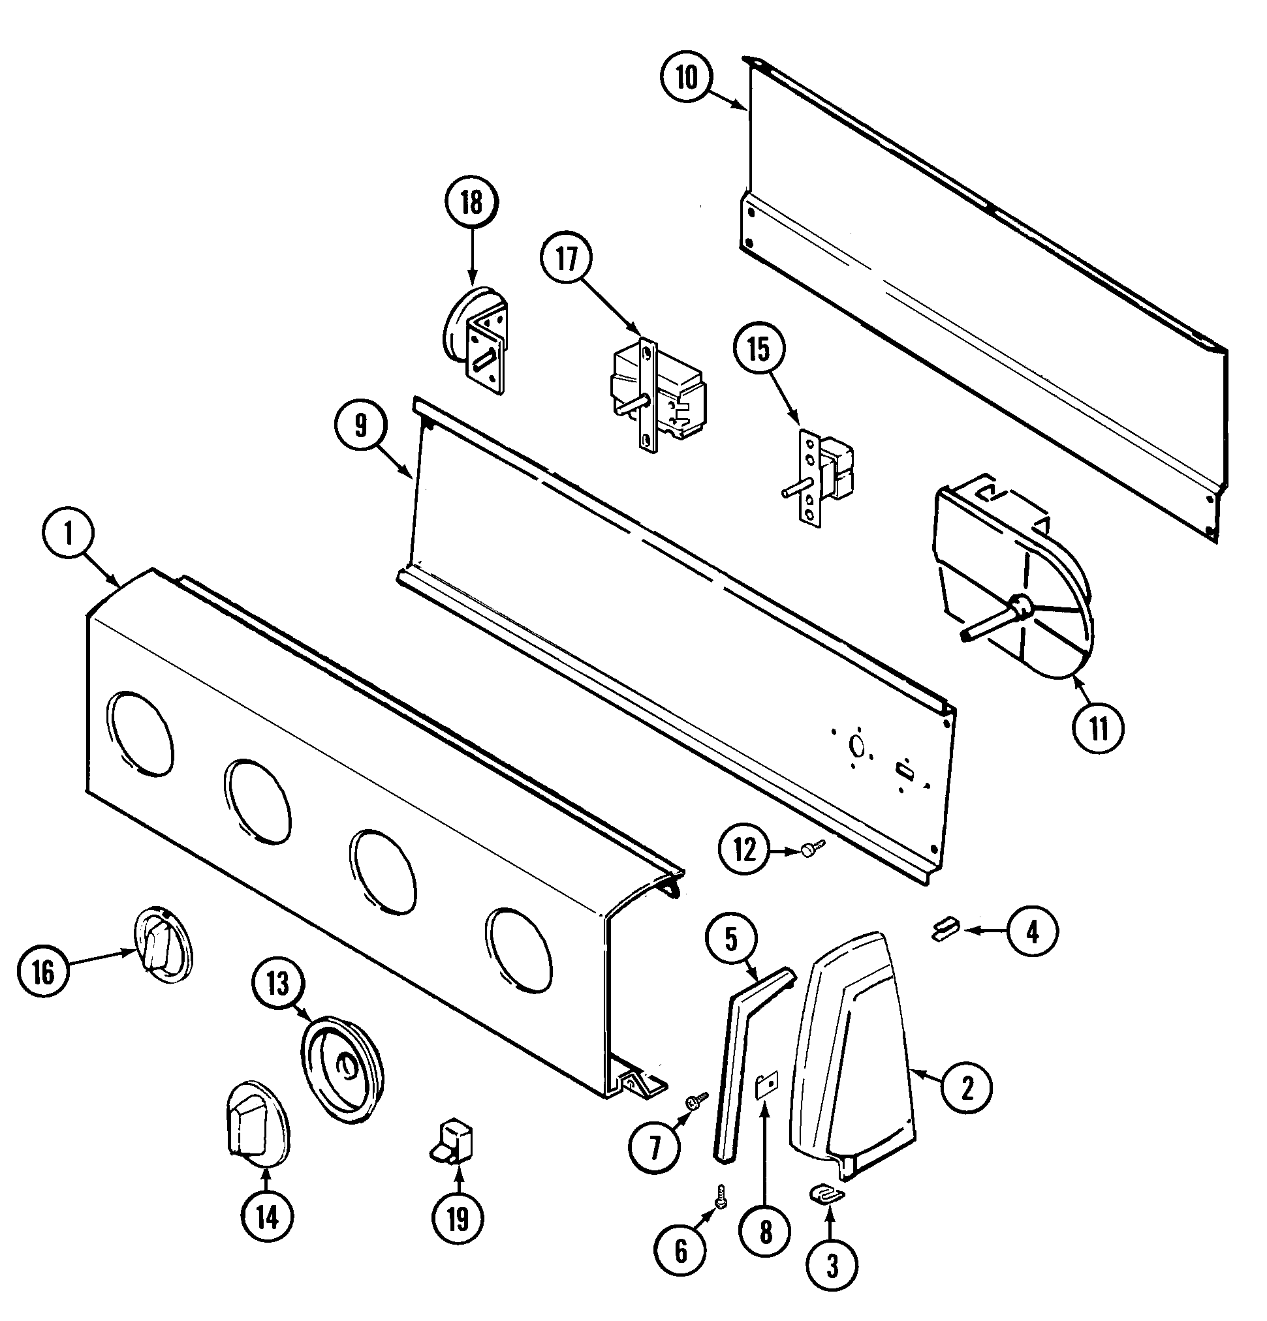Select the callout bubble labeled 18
coord(471,202)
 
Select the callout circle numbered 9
coord(361,425)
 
